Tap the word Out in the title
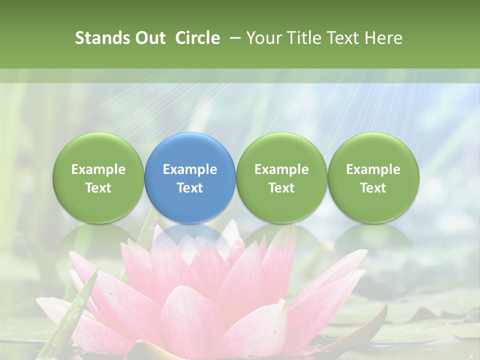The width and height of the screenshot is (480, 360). (x=148, y=38)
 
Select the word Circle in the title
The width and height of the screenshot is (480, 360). (x=197, y=38)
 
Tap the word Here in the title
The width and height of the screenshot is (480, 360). (x=384, y=38)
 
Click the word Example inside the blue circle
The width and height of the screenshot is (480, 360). (x=190, y=169)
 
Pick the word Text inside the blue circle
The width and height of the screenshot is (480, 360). (x=190, y=188)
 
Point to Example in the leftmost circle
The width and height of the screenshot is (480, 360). (x=98, y=169)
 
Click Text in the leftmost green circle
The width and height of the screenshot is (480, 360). (x=98, y=188)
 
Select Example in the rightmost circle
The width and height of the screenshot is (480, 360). (x=373, y=169)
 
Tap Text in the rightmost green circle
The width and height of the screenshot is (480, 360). (x=373, y=188)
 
